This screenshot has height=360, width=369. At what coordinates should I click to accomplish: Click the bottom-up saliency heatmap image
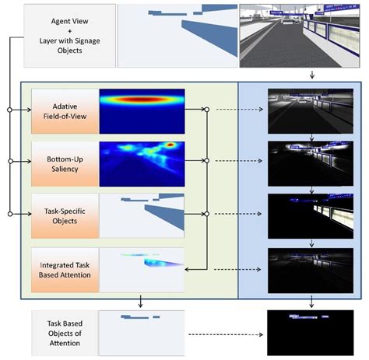click(142, 161)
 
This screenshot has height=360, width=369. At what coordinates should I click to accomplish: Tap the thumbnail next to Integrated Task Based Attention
click(142, 269)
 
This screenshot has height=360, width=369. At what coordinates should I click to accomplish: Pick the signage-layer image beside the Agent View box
click(177, 34)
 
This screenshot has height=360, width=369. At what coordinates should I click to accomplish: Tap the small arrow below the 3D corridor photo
click(311, 75)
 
